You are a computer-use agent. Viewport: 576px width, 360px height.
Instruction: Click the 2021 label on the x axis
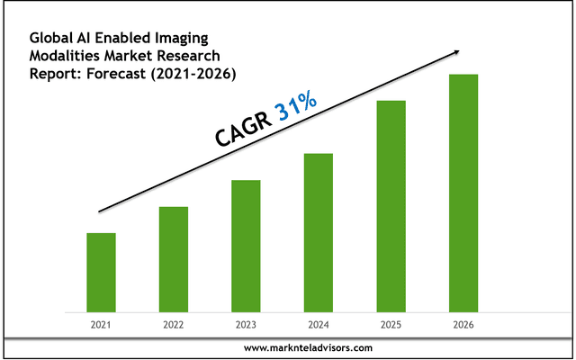101,324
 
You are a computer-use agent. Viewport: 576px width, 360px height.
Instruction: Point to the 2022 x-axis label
174,324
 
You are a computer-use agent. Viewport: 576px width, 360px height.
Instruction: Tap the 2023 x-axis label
246,324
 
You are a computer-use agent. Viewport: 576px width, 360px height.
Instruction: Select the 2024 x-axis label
319,324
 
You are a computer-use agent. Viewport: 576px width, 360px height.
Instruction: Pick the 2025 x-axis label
391,324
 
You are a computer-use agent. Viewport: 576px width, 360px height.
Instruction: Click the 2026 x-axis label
463,324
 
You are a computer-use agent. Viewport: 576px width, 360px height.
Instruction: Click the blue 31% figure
296,108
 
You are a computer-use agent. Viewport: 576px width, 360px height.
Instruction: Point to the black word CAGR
242,129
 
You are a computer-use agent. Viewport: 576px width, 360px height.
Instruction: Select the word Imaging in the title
180,37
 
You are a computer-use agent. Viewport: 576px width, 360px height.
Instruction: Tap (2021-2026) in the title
194,73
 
